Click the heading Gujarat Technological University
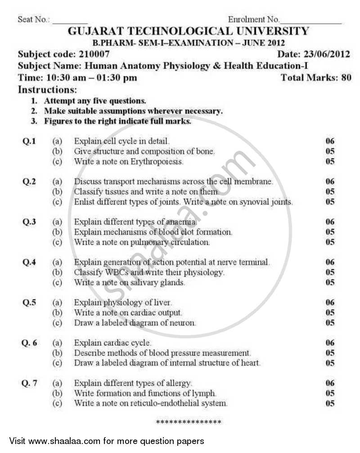tap(188, 32)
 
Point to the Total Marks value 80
tap(346, 77)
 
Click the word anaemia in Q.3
tap(182, 222)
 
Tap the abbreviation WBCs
tap(118, 272)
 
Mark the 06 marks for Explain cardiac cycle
tap(330, 343)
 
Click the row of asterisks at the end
tap(189, 422)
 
